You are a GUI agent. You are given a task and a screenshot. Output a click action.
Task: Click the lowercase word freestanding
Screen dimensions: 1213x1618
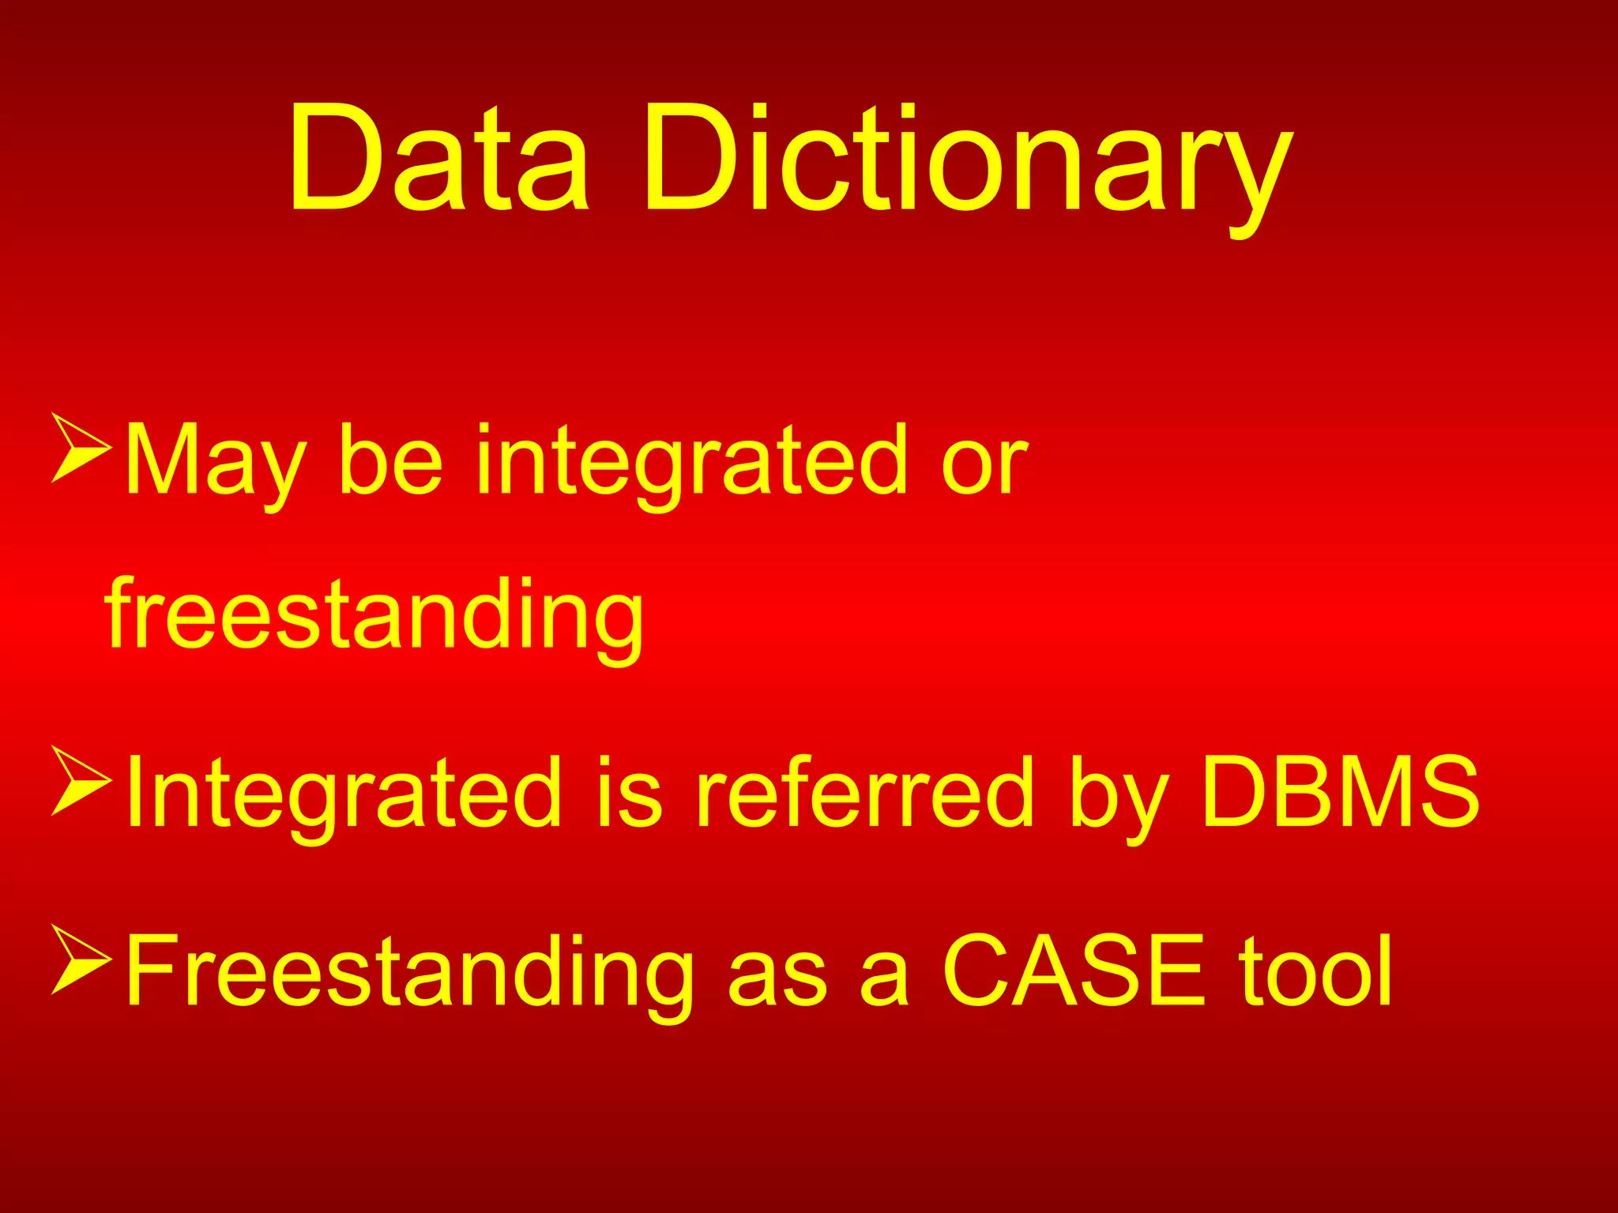click(x=375, y=616)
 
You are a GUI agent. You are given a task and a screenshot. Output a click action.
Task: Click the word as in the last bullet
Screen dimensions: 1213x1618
click(x=777, y=979)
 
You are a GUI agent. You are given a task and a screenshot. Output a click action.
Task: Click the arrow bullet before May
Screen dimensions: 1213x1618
click(x=81, y=447)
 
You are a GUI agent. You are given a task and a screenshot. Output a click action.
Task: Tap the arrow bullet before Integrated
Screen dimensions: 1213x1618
click(x=81, y=779)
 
